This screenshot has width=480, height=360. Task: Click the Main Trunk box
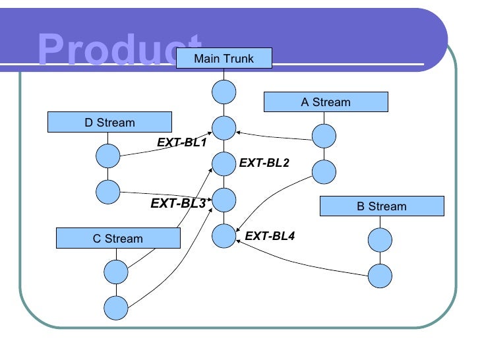click(224, 59)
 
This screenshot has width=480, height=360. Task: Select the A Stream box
click(326, 102)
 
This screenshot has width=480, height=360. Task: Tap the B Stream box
click(382, 206)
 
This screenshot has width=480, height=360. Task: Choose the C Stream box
click(118, 238)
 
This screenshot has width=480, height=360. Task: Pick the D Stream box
click(109, 122)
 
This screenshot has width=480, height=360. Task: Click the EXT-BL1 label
click(181, 142)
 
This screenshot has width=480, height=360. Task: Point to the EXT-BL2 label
click(264, 163)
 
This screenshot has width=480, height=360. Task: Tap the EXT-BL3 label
click(178, 203)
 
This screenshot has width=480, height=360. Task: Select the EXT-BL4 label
click(270, 235)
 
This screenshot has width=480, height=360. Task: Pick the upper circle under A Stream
click(324, 136)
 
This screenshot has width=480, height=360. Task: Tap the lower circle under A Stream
click(324, 171)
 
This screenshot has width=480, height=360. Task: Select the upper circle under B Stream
click(380, 240)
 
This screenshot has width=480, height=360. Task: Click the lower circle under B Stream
click(380, 276)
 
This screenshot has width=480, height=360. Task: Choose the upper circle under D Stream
click(108, 156)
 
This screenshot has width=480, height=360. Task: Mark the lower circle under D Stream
click(108, 191)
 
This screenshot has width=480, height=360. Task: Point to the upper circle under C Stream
click(116, 271)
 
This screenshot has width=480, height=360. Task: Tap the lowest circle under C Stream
click(116, 307)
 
